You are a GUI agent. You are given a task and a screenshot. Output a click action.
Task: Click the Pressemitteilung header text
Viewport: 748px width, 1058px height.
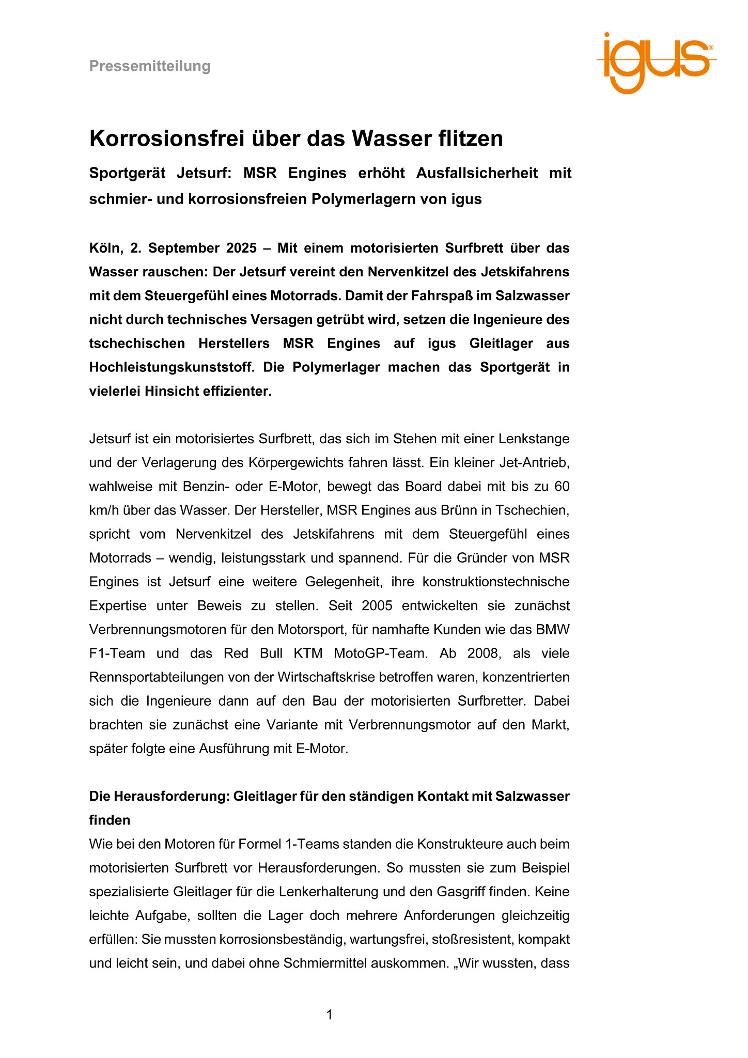pyautogui.click(x=150, y=66)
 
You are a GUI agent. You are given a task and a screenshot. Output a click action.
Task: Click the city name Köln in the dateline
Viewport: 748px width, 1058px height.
pyautogui.click(x=105, y=248)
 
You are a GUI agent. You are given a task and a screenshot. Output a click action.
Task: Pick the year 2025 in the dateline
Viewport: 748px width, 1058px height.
pyautogui.click(x=241, y=248)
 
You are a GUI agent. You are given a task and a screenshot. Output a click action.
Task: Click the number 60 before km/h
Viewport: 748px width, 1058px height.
pyautogui.click(x=562, y=487)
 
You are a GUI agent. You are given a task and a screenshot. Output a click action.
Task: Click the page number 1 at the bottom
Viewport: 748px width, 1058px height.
pyautogui.click(x=330, y=1015)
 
